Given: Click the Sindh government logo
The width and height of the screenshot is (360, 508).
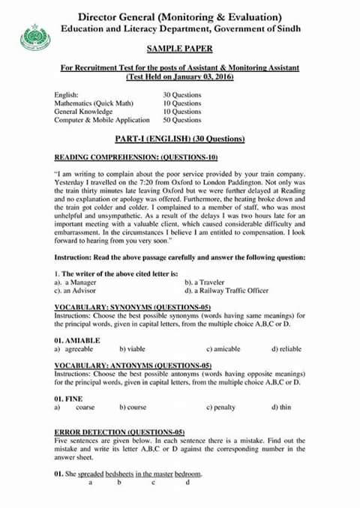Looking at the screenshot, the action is coord(33,35).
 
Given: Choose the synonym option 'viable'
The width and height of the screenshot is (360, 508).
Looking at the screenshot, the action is coord(132,349).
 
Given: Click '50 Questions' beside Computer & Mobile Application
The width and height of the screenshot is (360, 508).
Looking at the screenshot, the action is coord(182,120).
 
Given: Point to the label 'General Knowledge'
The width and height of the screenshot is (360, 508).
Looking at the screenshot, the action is coord(83,112).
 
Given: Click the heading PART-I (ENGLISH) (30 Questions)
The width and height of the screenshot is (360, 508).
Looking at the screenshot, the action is coord(180,139).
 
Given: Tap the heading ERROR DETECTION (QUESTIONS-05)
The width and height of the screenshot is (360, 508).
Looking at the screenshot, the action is coord(119,433).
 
